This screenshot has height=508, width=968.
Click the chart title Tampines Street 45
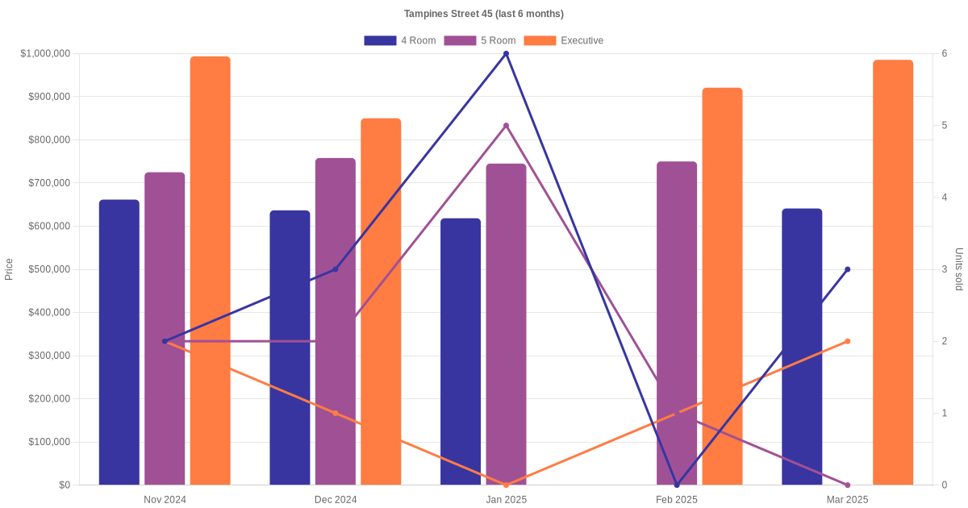(484, 14)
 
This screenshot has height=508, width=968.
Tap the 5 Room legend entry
(479, 40)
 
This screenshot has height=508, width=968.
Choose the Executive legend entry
(563, 40)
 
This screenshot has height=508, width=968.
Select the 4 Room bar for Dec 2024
(290, 348)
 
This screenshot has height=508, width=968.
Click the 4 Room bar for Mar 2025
(802, 347)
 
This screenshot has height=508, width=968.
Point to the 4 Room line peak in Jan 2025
(506, 54)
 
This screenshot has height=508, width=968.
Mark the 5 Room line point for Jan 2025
(506, 126)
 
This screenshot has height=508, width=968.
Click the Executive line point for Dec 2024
(336, 413)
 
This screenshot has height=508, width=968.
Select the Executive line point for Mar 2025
(847, 341)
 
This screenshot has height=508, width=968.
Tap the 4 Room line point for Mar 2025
(847, 269)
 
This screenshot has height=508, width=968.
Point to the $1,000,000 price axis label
(44, 54)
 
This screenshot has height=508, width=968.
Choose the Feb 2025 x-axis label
(677, 500)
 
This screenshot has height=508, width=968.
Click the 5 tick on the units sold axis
(943, 126)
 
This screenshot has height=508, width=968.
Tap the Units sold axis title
(958, 269)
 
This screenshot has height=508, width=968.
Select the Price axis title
(9, 269)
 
